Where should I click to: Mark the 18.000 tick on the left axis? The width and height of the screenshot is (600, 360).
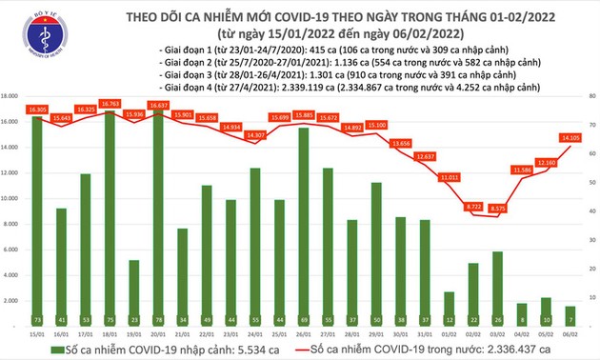pyautogui.click(x=11, y=96)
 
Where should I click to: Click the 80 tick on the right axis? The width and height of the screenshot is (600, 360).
pyautogui.click(x=592, y=96)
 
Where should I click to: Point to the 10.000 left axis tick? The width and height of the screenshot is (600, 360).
pyautogui.click(x=11, y=198)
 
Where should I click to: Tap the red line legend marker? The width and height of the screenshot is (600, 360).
pyautogui.click(x=294, y=350)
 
